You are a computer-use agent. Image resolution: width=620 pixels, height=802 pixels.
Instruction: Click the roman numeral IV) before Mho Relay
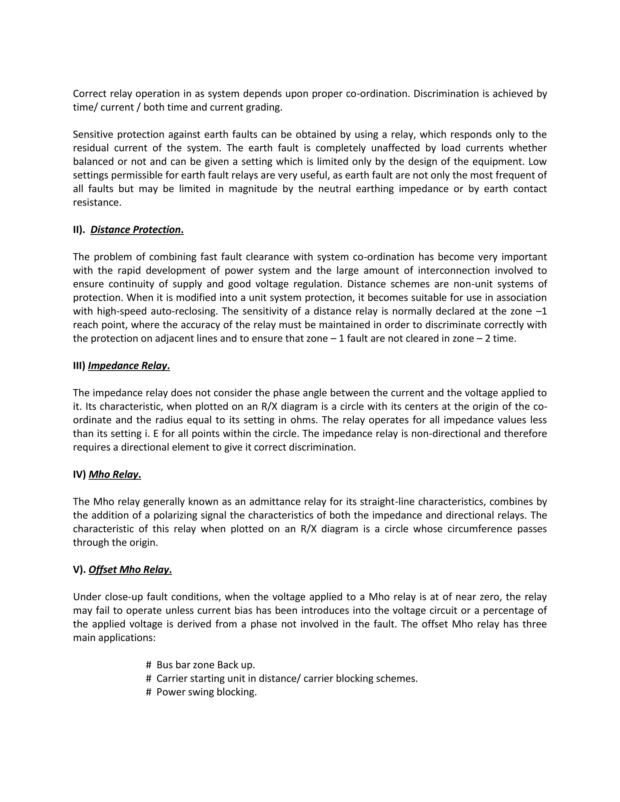click(x=79, y=475)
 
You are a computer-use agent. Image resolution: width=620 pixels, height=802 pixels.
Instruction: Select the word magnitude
click(x=252, y=189)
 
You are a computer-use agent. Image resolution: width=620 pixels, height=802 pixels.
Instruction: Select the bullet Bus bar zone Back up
click(x=206, y=665)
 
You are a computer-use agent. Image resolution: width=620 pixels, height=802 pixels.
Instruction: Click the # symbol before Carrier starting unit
click(x=149, y=678)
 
